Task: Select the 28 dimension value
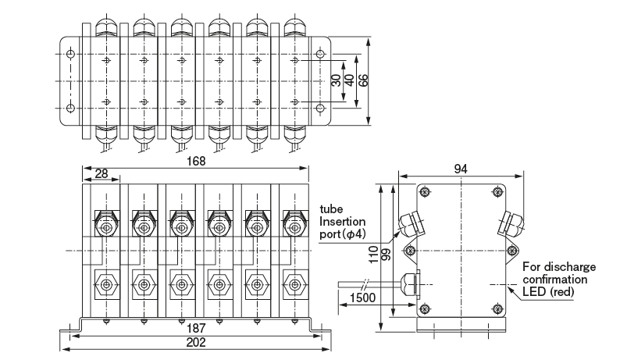tap(102, 173)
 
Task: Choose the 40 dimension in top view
tap(349, 80)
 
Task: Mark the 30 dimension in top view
tap(336, 80)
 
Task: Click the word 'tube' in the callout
tap(331, 210)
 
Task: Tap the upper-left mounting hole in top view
tap(71, 54)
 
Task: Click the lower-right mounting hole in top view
tap(319, 107)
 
